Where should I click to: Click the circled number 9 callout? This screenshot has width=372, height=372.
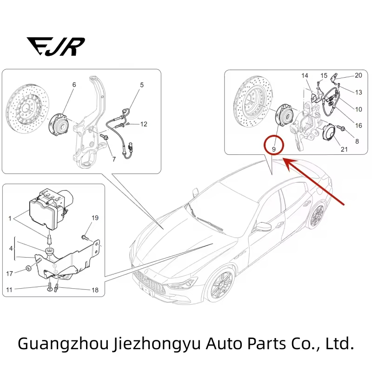(274, 149)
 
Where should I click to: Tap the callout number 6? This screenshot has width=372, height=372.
(74, 85)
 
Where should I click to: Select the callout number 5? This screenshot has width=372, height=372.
(142, 85)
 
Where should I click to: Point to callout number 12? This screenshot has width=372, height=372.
(144, 124)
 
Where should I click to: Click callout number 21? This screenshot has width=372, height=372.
(344, 149)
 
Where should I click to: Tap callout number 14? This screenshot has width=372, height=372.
(305, 76)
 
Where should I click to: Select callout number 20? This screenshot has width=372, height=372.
(358, 75)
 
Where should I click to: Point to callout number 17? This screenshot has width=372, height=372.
(10, 273)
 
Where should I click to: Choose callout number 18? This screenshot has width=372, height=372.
(95, 290)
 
